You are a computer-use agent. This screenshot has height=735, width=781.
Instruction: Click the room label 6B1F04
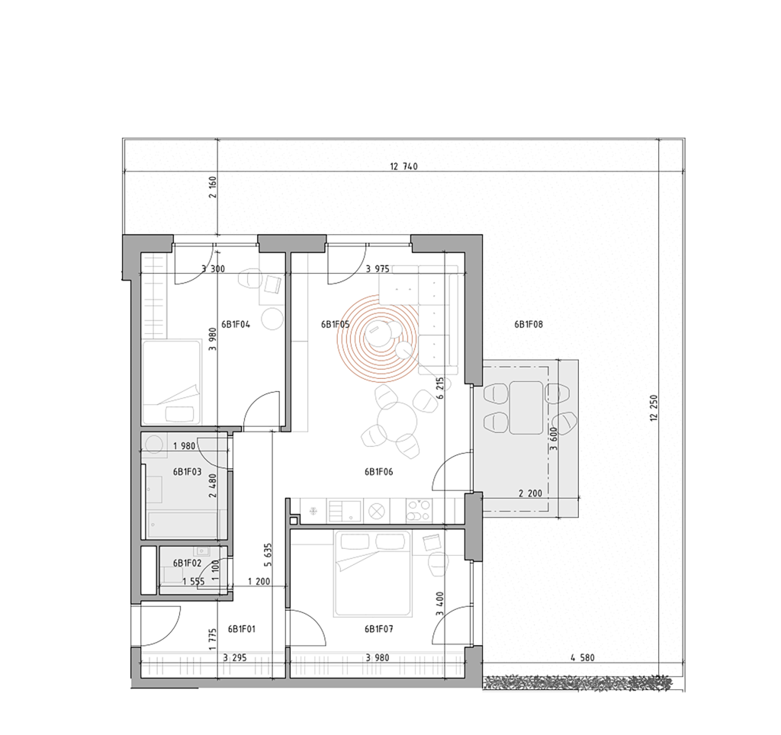click(236, 325)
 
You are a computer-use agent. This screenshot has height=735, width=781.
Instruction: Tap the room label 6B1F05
click(336, 325)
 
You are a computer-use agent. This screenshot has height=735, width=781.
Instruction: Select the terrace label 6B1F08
click(529, 325)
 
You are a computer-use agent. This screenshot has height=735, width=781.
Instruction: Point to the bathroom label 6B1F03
click(188, 472)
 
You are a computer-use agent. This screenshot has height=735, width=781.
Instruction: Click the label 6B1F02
click(188, 563)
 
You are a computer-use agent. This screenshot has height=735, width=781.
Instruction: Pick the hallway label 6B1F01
click(242, 630)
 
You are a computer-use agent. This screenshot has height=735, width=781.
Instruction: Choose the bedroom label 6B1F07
click(378, 630)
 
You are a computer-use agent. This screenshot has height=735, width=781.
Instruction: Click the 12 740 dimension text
click(403, 166)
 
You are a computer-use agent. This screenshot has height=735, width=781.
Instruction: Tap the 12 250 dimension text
click(654, 408)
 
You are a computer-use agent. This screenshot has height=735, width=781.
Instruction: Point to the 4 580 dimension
click(582, 658)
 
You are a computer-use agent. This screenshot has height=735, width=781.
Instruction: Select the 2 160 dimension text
click(214, 187)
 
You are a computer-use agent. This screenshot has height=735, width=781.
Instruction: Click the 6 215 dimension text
click(440, 388)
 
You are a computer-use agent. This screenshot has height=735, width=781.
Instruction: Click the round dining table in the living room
click(397, 422)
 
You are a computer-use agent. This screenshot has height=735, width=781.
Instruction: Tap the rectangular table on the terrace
click(526, 407)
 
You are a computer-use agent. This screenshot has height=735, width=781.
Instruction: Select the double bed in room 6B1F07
click(374, 573)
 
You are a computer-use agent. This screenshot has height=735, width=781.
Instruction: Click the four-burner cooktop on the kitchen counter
click(419, 510)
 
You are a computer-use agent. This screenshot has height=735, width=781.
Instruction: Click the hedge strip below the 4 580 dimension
click(577, 683)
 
